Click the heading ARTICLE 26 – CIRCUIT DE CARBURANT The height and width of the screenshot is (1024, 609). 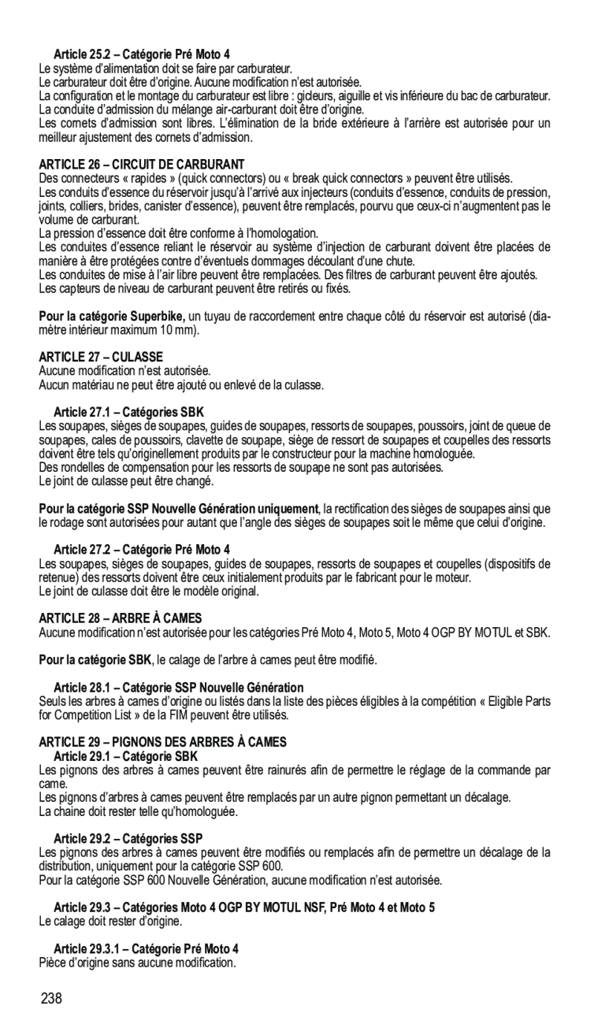[x=142, y=165]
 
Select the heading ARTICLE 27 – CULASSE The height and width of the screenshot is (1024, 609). [x=102, y=357]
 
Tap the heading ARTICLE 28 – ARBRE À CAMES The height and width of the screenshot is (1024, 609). [x=126, y=619]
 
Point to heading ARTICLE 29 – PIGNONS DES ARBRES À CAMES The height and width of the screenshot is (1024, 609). [x=163, y=742]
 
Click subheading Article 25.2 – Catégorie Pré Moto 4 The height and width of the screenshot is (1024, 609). [x=142, y=54]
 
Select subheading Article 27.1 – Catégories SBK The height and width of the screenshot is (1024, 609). [x=128, y=412]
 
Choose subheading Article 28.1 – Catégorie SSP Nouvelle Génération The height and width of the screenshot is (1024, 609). [x=178, y=688]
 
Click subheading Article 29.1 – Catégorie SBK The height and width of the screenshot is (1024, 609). [x=126, y=756]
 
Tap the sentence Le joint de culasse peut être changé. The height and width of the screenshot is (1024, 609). [x=126, y=480]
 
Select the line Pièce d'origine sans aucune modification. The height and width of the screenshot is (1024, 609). [x=137, y=962]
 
